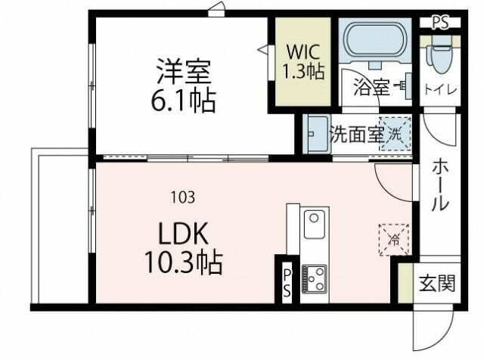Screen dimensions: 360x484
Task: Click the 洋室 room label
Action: coord(183,74)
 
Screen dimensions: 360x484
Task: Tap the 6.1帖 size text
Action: coord(184,100)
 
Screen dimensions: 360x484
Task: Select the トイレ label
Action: coord(439,89)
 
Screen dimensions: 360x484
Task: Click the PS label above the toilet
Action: coord(440,22)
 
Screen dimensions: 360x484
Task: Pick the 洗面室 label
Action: coord(356,135)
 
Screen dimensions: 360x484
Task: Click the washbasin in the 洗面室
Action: coord(316,134)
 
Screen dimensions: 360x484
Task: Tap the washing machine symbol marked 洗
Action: coord(395,135)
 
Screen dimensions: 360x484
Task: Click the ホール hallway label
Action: coord(439,185)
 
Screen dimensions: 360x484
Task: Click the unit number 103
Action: coord(182,198)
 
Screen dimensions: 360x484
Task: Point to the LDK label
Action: coord(182,232)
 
